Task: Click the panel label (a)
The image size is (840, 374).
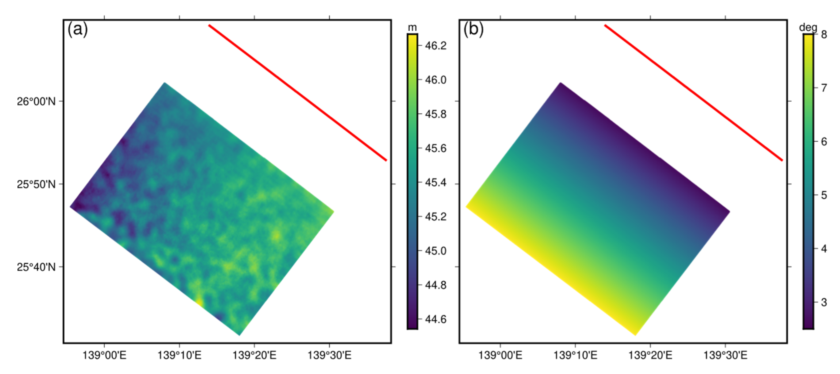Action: click(x=78, y=30)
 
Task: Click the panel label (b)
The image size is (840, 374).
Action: click(x=473, y=30)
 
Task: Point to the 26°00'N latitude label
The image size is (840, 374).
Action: click(x=36, y=101)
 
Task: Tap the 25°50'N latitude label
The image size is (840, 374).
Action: click(x=36, y=184)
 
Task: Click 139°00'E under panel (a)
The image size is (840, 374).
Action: click(x=104, y=355)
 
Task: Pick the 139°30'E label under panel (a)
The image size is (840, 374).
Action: click(x=329, y=355)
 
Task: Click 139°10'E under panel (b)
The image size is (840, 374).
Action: click(x=575, y=355)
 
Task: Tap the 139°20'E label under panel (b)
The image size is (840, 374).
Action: click(x=650, y=355)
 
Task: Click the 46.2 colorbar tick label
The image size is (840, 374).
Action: click(x=436, y=46)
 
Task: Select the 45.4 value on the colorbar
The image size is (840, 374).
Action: click(x=436, y=183)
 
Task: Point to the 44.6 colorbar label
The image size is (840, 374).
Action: click(x=436, y=319)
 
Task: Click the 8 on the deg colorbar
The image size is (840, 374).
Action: click(x=824, y=34)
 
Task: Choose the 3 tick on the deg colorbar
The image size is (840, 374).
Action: click(x=824, y=302)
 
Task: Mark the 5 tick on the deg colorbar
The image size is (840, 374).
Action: click(x=824, y=195)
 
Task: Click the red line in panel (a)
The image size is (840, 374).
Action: click(x=297, y=93)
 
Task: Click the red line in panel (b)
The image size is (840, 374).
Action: click(x=693, y=93)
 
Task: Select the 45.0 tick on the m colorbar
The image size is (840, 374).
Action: click(x=436, y=251)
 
